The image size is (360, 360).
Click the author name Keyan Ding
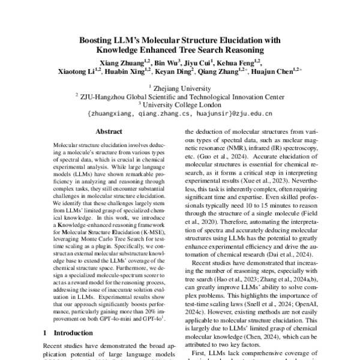(x=178, y=73)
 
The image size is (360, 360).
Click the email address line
(x=179, y=112)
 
